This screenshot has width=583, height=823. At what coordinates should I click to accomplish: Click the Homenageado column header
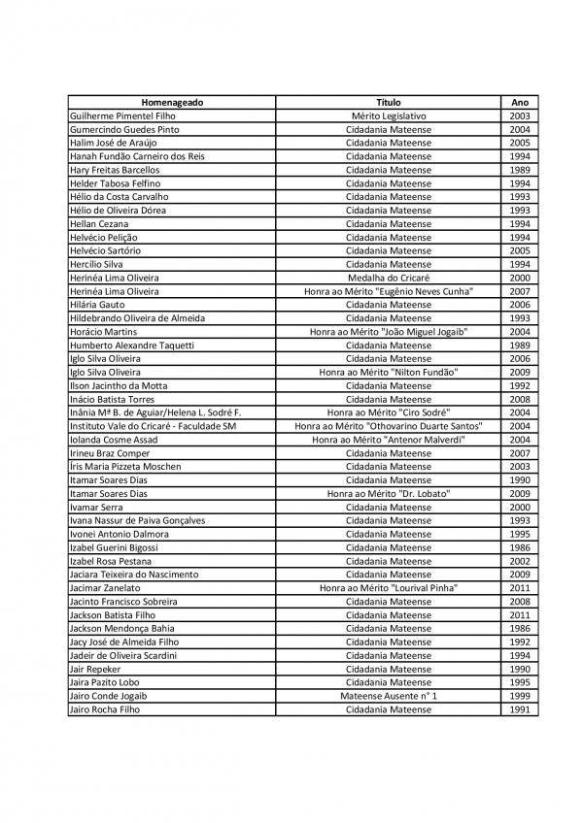(x=172, y=102)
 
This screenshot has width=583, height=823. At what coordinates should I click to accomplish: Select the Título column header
(x=389, y=102)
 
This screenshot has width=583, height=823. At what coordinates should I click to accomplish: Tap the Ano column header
(x=520, y=102)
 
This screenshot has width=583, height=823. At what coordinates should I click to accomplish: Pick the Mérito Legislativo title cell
(x=389, y=115)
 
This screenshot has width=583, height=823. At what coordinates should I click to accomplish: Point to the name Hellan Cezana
(x=99, y=223)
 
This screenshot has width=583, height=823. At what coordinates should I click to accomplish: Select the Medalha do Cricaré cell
(x=389, y=278)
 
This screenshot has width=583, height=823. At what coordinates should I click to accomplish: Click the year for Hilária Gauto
(x=520, y=305)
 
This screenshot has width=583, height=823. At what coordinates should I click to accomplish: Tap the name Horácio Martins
(x=103, y=332)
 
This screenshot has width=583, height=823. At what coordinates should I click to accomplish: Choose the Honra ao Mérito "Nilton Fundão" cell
(x=389, y=372)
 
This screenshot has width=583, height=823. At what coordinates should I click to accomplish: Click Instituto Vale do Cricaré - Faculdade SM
(x=154, y=426)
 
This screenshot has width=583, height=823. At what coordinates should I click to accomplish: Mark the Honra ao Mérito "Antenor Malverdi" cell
(x=389, y=440)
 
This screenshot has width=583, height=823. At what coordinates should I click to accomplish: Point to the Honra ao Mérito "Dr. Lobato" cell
(x=389, y=493)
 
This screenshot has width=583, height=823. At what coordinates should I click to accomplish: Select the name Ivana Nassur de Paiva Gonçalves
(x=137, y=520)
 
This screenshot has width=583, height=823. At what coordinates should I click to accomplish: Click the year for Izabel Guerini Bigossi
(x=520, y=547)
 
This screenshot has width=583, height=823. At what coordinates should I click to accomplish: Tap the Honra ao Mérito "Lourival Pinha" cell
(x=389, y=588)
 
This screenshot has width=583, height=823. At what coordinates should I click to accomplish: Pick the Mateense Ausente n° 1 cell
(x=389, y=696)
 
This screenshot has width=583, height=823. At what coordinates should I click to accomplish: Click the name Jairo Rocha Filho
(x=104, y=709)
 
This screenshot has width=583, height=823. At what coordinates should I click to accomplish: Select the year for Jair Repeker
(x=520, y=669)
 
